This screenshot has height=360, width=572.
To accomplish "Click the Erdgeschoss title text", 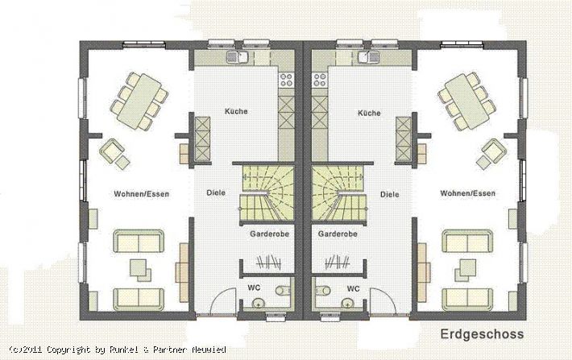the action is point(482,334).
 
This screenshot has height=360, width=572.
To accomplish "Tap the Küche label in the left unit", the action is point(236,111).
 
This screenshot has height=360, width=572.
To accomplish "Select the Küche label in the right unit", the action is point(369,113).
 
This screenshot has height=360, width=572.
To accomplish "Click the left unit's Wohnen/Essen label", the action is point(142,194).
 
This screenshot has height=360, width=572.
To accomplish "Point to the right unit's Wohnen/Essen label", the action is point(467,193).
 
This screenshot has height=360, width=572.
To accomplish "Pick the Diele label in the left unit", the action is point(216,192).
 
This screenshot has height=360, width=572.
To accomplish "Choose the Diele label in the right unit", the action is point(390,194).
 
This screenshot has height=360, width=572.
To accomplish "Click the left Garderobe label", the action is point(270,234).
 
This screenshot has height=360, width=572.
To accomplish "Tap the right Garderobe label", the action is point(338,234).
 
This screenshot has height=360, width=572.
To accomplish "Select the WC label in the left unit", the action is point(254,288).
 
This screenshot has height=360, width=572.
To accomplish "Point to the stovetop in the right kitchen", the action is point(320,80).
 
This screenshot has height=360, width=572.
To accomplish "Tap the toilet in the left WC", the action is point(283,290).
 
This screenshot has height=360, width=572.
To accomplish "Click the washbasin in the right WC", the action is point(348,303).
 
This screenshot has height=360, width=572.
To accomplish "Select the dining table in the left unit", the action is point(139,101).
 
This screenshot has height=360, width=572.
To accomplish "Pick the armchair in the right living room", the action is point(494,150).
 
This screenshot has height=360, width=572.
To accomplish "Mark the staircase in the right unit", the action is point(338,193).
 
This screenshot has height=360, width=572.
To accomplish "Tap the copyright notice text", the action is point(118,350).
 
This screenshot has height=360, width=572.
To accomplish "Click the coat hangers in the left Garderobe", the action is point(268,262).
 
